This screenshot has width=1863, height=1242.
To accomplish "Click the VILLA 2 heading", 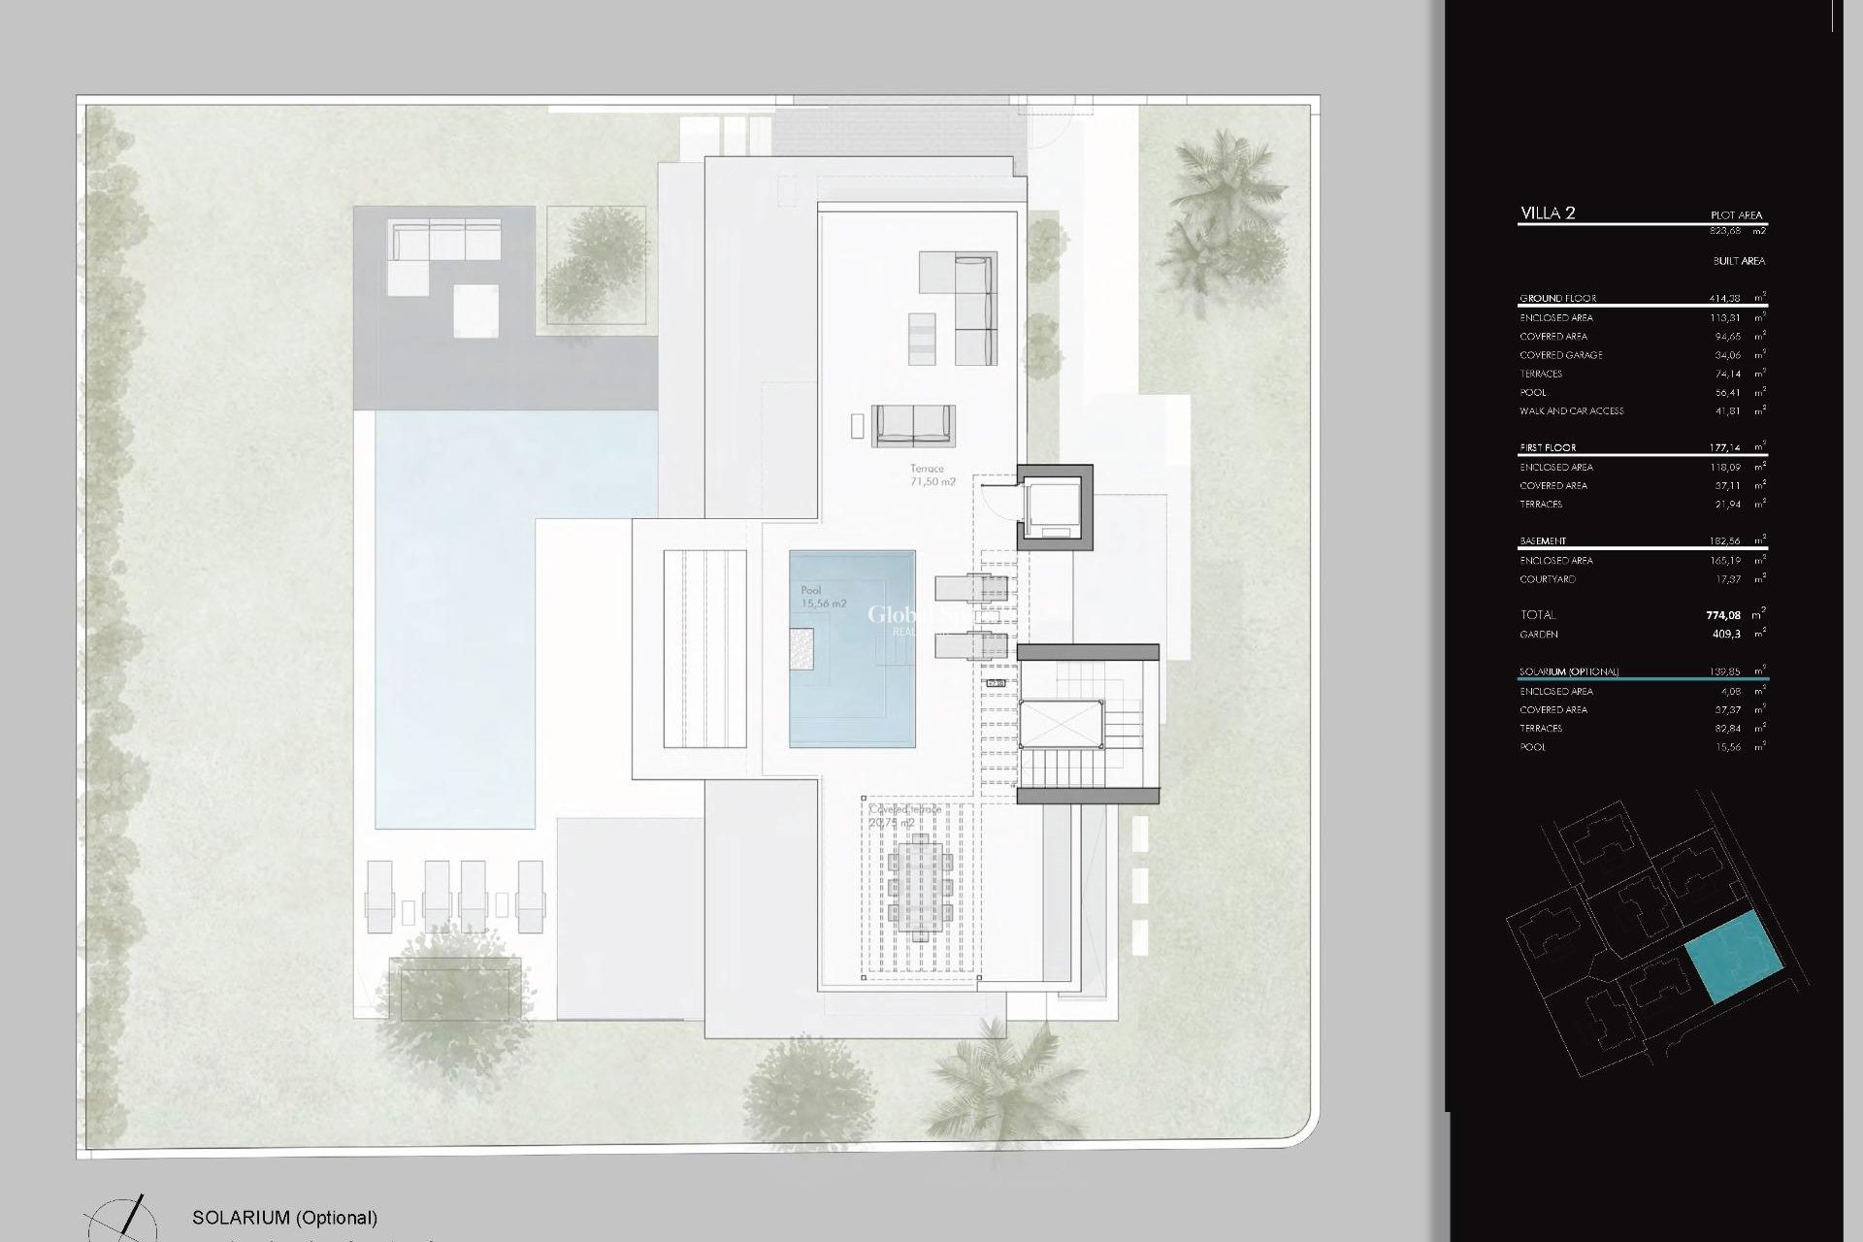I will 1548,213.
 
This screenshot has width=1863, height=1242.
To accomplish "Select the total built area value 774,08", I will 1723,615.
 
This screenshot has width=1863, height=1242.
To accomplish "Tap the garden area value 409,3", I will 1726,635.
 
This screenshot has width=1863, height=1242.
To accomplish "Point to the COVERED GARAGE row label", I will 1560,355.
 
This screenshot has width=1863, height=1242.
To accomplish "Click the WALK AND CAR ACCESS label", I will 1571,411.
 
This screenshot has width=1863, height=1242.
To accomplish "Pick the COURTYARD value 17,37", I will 1727,579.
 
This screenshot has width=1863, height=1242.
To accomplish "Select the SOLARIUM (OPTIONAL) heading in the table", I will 1568,671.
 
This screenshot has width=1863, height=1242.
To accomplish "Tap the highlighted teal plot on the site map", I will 1734,957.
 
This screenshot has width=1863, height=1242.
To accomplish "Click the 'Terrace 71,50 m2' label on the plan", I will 931,475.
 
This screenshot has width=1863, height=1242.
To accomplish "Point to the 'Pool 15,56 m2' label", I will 823,597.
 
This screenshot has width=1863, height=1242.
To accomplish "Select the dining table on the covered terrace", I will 919,882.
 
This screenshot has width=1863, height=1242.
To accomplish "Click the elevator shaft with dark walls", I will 1054,507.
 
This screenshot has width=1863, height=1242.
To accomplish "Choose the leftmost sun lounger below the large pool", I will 379,896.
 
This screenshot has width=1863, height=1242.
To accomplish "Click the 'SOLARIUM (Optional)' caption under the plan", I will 284,1217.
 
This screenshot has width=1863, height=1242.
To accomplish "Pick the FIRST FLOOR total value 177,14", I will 1723,448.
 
